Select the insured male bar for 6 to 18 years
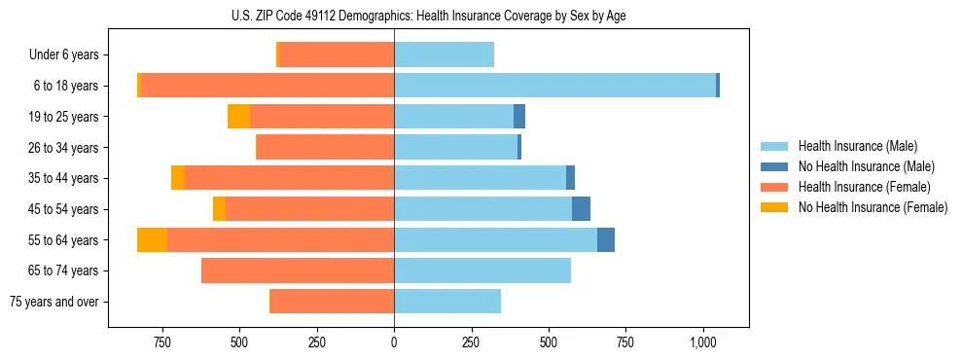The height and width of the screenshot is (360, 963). [x=554, y=86]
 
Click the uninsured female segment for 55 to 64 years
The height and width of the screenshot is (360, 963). [x=152, y=240]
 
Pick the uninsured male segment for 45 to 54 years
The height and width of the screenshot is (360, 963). [x=581, y=209]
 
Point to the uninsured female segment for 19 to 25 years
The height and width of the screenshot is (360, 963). [x=238, y=117]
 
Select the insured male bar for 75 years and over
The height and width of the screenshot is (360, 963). [x=447, y=302]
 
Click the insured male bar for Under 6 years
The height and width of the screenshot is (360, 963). [x=444, y=55]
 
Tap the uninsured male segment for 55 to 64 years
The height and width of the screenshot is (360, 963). [x=606, y=240]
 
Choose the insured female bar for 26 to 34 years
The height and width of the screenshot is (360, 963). [x=325, y=148]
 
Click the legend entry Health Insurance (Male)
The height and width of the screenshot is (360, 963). [x=851, y=147]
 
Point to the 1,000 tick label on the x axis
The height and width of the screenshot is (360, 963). [x=703, y=342]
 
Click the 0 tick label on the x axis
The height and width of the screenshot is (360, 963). [x=394, y=342]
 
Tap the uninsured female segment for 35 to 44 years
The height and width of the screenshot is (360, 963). [x=178, y=178]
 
